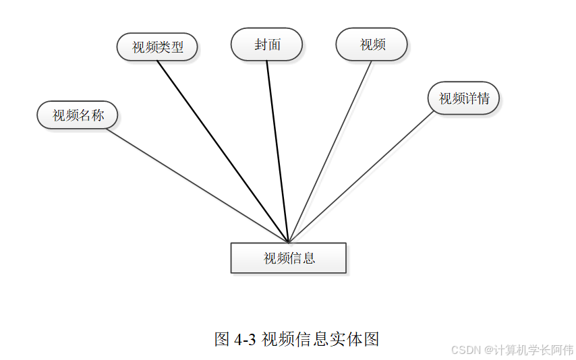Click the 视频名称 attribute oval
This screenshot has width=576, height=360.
[78, 115]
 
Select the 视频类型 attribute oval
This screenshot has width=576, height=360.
[157, 47]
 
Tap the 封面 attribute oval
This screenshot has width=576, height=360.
[266, 44]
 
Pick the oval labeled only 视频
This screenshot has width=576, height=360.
[372, 44]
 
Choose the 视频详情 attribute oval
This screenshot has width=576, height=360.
[463, 98]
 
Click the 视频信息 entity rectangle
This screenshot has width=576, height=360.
[289, 258]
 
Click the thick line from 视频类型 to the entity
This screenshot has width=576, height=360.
[223, 151]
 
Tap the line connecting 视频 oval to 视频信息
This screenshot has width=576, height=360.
[330, 151]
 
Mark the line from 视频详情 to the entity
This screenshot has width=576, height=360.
[361, 176]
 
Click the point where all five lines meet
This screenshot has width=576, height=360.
[289, 242]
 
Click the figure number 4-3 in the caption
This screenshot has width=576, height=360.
[245, 339]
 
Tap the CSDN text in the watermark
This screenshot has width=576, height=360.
[465, 350]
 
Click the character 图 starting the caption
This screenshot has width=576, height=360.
[222, 339]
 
